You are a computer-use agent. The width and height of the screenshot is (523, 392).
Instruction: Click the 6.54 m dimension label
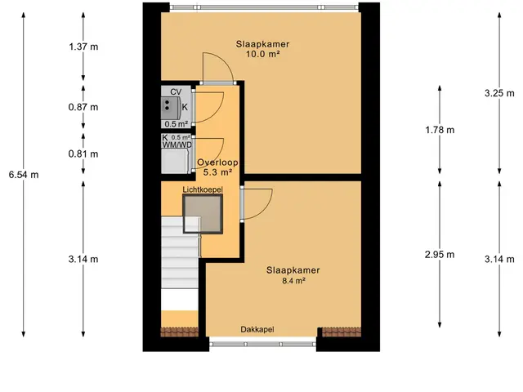point(24,174)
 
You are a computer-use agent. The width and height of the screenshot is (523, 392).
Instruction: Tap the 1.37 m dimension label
point(83,47)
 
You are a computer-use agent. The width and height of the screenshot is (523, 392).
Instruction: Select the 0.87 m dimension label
point(83,107)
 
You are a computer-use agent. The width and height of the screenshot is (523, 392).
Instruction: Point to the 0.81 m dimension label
point(83,154)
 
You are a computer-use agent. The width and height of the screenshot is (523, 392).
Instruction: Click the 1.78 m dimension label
point(440,130)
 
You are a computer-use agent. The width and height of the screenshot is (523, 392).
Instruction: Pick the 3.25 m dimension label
point(499,93)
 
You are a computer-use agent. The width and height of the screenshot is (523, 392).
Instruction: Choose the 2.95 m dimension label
point(440,255)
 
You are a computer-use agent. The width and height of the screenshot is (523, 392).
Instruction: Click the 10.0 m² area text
point(262,54)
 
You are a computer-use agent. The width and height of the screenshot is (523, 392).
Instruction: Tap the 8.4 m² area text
point(294,281)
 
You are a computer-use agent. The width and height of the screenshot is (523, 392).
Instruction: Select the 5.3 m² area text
point(217,172)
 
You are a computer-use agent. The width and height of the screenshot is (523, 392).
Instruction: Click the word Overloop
point(217,163)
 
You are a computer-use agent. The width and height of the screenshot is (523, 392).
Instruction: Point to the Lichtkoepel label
point(203,189)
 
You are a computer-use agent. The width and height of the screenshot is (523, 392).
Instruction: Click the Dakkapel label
point(257,330)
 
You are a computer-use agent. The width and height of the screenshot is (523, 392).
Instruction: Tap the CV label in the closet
point(176,91)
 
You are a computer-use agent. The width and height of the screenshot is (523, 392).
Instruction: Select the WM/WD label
point(177,145)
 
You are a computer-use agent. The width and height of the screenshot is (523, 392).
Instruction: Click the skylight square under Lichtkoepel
point(203,214)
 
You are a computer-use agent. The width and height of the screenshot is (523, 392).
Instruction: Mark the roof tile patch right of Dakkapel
point(342,332)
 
